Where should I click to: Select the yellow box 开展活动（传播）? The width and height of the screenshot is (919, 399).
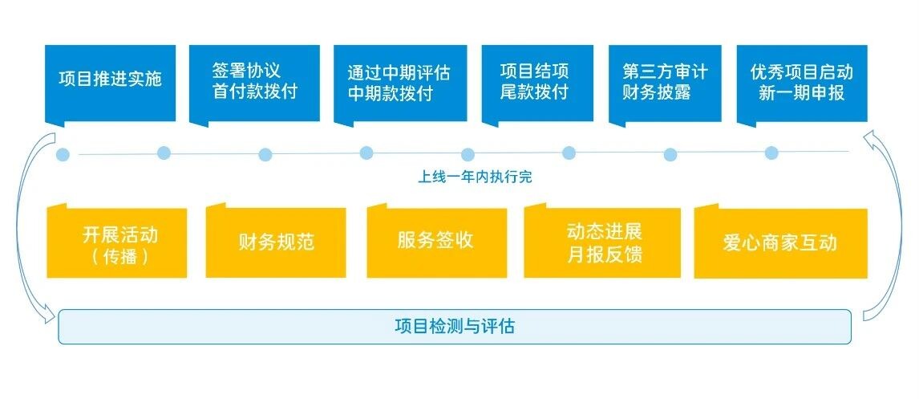pos(116,242)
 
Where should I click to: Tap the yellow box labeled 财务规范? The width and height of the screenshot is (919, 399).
pos(276,242)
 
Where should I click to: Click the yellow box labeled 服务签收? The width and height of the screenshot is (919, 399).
pos(436,242)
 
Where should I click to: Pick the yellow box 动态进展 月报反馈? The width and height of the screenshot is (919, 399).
pos(602,242)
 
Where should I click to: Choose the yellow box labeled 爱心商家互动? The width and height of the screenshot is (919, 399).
pos(781,242)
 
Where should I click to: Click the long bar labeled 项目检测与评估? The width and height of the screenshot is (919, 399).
pos(455,326)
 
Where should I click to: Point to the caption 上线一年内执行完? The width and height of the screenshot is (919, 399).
pos(475,177)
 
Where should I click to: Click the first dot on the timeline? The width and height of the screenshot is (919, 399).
pos(63,155)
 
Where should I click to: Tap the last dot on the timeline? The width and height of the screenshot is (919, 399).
pos(771,153)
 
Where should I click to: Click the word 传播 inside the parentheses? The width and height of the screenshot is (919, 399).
pos(119,256)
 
